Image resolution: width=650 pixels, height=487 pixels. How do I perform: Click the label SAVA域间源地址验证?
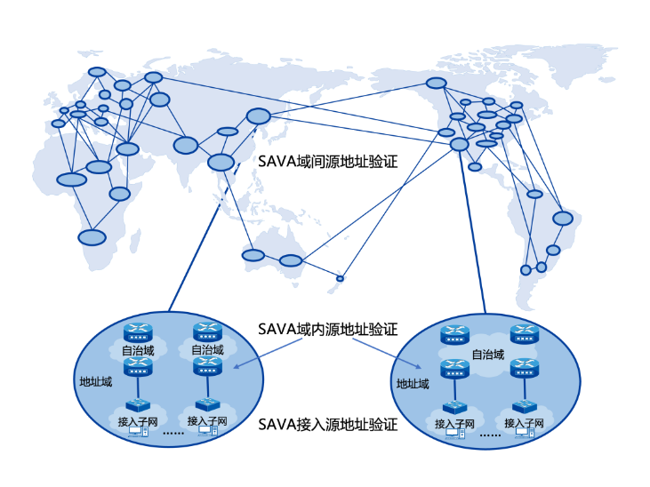pyautogui.click(x=327, y=163)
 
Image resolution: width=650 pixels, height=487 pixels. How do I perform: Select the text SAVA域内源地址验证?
pyautogui.click(x=327, y=329)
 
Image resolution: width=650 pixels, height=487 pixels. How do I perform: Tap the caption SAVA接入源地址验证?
pyautogui.click(x=327, y=424)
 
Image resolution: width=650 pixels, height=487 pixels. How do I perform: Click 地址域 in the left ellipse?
pyautogui.click(x=95, y=382)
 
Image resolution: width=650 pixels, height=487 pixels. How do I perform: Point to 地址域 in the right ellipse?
pyautogui.click(x=413, y=384)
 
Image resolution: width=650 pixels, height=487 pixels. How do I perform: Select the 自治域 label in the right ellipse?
pyautogui.click(x=488, y=355)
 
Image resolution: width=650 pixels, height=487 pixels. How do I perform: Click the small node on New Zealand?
pyautogui.click(x=340, y=279)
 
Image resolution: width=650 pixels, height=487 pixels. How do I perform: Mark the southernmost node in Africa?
pyautogui.click(x=92, y=237)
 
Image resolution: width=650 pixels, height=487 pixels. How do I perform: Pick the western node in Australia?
pyautogui.click(x=253, y=256)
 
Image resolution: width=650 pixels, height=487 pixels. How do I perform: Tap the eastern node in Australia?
pyautogui.click(x=291, y=260)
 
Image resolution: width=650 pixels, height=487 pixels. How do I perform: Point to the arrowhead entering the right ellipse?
pyautogui.click(x=420, y=366)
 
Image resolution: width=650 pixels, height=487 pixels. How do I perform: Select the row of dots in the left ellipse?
pyautogui.click(x=173, y=434)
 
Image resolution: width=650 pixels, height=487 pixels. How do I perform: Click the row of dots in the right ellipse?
pyautogui.click(x=490, y=435)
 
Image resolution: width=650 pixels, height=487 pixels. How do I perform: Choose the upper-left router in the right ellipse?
pyautogui.click(x=454, y=335)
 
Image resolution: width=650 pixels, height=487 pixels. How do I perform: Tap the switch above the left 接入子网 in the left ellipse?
pyautogui.click(x=138, y=406)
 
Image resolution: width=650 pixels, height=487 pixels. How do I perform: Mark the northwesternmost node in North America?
pyautogui.click(x=436, y=83)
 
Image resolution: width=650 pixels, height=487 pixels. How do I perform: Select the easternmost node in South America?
pyautogui.click(x=563, y=218)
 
